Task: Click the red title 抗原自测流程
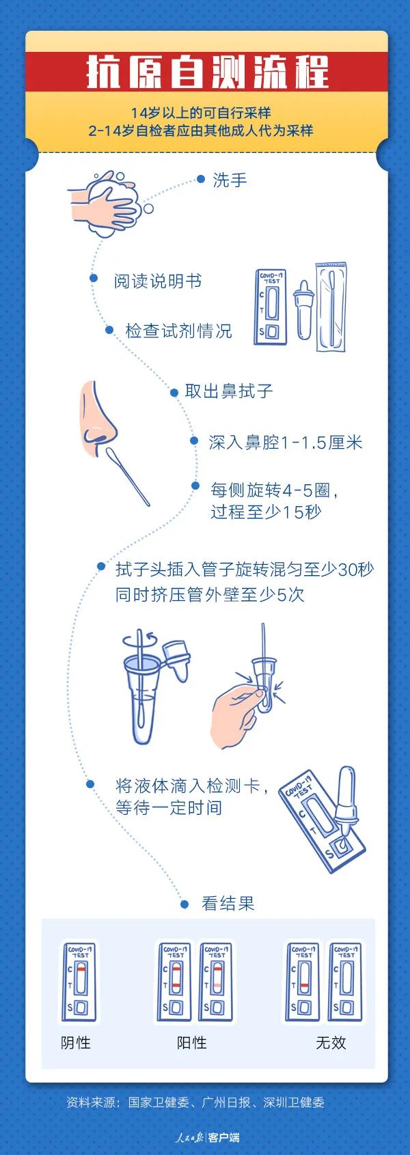coord(206,72)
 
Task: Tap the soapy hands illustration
coord(109,204)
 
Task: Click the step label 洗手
coord(230,180)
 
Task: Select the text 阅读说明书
coord(157,281)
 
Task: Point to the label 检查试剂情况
coord(178,331)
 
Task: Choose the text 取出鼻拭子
coord(229,391)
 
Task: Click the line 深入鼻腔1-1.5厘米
coord(286,443)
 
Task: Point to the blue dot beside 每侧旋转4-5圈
coord(195,486)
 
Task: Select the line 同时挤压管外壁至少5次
coord(210,594)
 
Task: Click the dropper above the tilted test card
coord(346,796)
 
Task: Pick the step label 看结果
coord(228,904)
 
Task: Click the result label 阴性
coord(76,1043)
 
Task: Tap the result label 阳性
coord(192,1043)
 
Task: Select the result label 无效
coord(331,1043)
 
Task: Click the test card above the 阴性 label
coord(79,982)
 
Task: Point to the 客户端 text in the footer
coord(224,1138)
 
